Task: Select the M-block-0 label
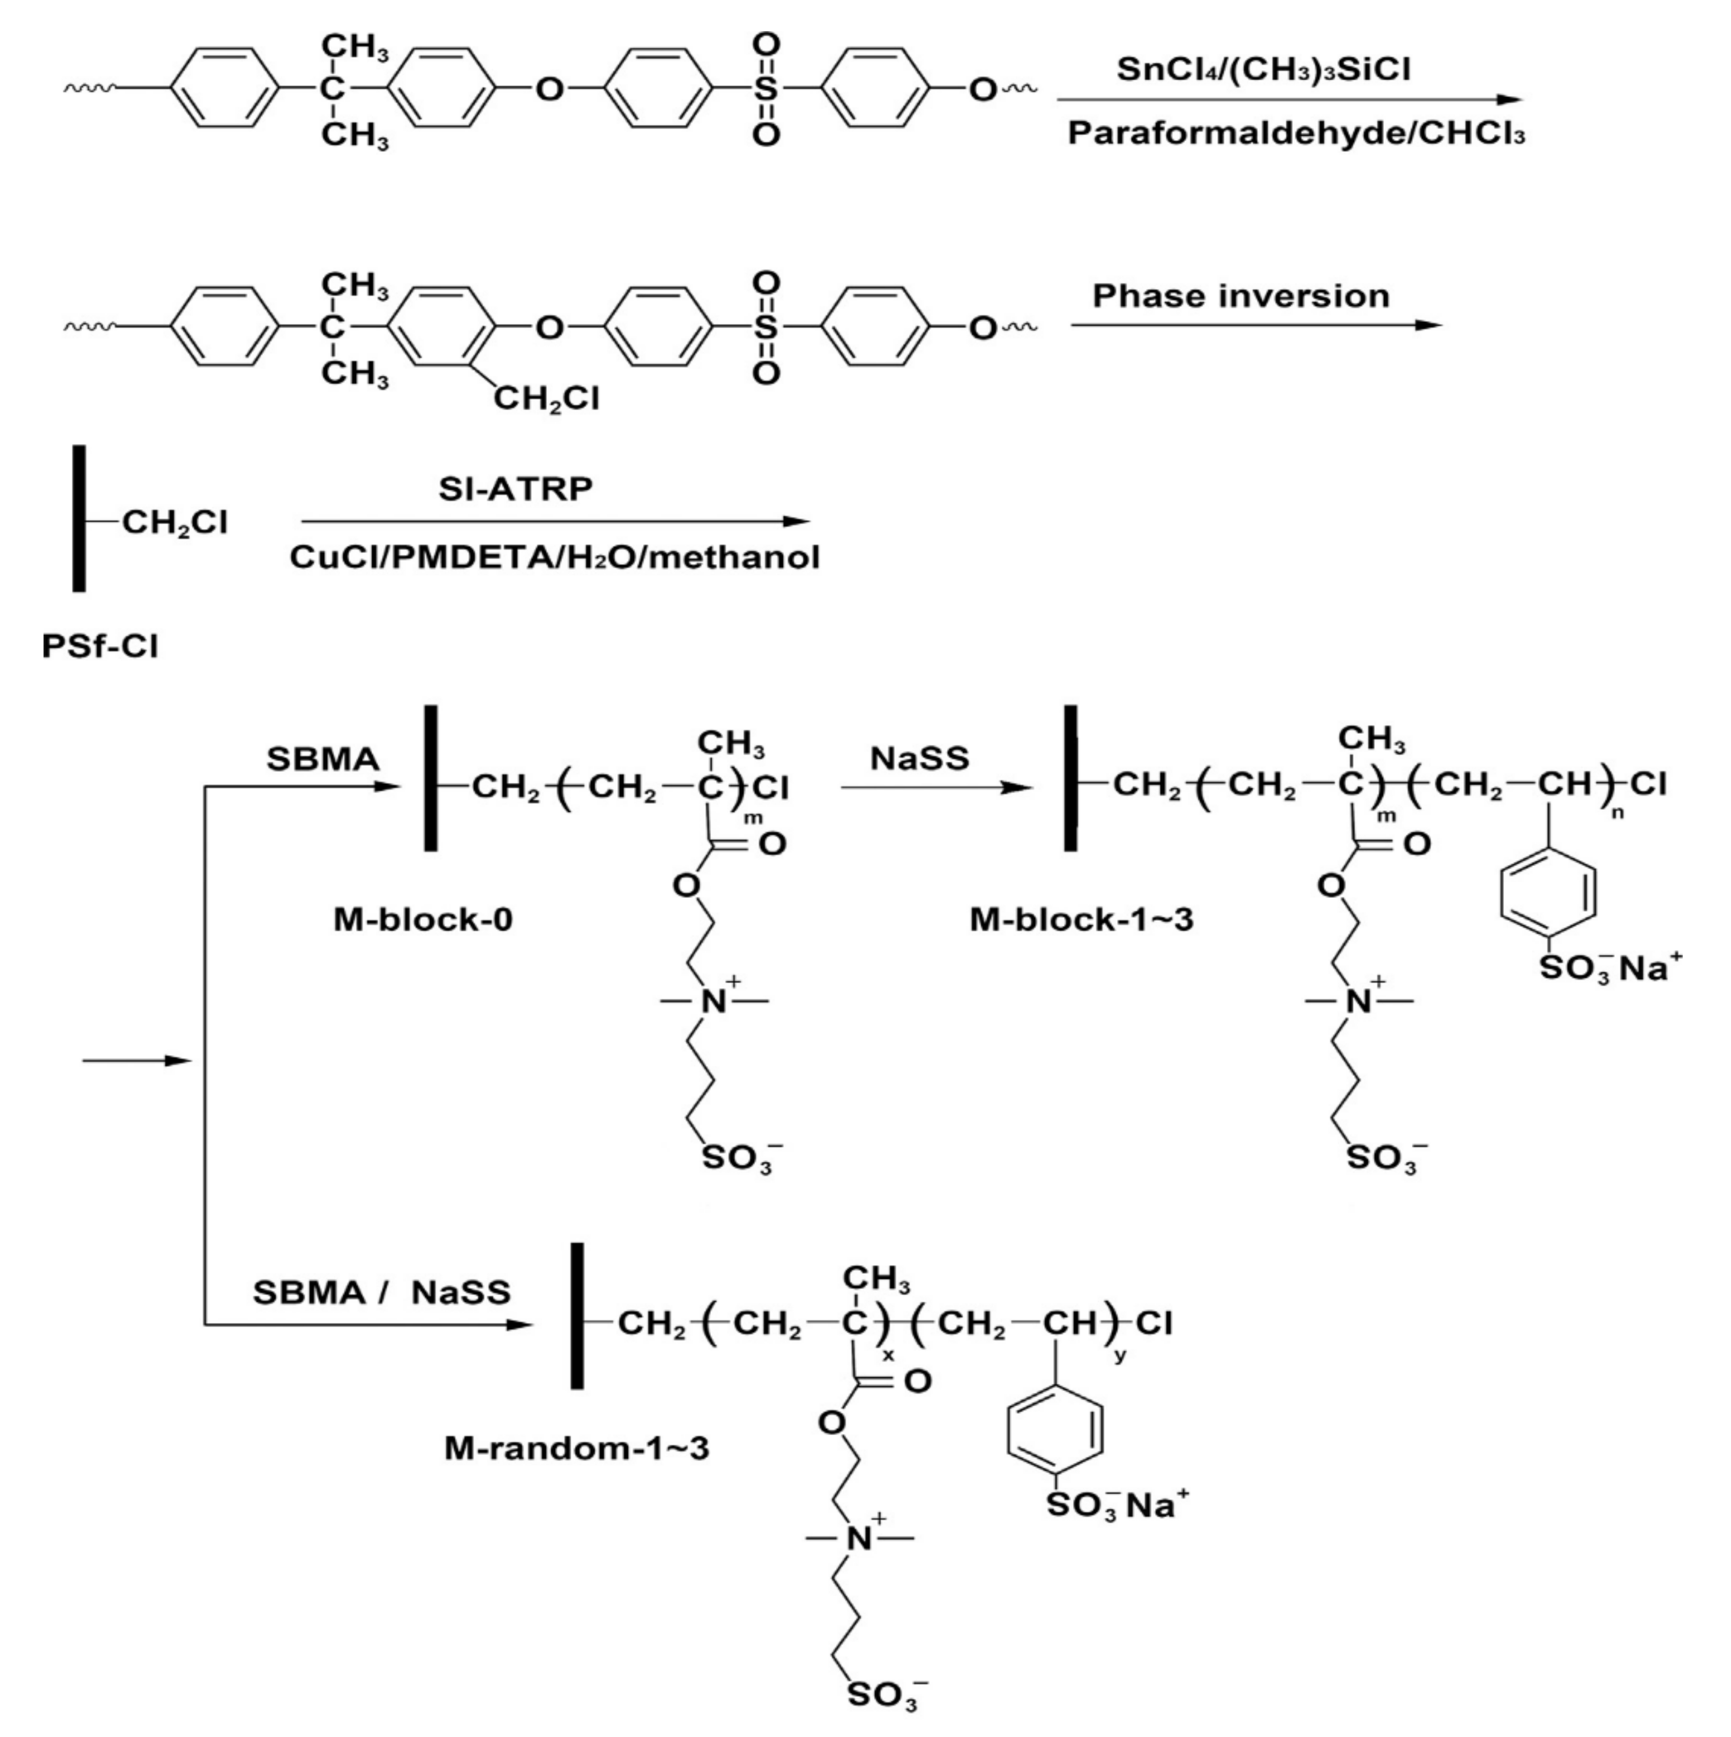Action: (x=422, y=920)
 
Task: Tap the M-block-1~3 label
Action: (x=1081, y=920)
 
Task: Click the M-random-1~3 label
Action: (x=576, y=1449)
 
